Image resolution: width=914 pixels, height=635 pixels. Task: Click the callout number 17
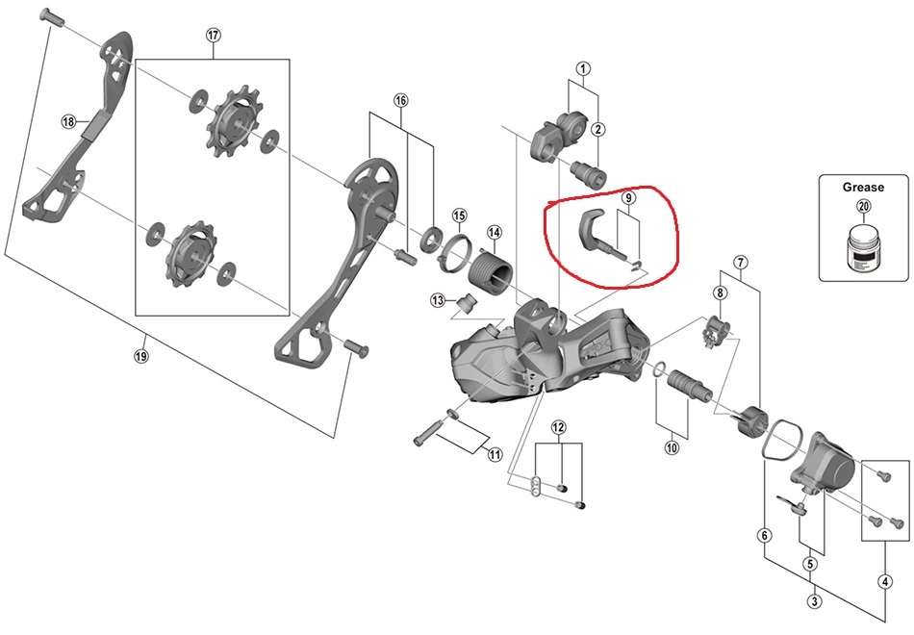pos(213,36)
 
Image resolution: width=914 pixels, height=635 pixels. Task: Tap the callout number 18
pos(68,122)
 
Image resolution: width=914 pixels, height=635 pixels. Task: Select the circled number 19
pos(141,355)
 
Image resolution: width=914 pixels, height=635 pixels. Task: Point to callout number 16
pos(401,101)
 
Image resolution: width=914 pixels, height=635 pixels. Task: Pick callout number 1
pos(583,68)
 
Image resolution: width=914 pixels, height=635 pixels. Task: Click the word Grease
pos(863,188)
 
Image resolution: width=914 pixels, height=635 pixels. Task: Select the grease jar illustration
pos(863,249)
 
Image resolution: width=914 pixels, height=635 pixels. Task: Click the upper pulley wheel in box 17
pos(233,123)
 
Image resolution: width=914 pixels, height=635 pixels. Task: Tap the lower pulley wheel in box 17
pos(187,255)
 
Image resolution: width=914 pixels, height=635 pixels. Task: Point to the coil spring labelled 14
pos(493,265)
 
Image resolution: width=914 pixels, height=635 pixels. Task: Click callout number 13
pos(438,300)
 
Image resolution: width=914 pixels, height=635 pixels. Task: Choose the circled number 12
pos(559,426)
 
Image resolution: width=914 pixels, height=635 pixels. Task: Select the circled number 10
pos(671,446)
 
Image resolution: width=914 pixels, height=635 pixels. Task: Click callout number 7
pos(740,262)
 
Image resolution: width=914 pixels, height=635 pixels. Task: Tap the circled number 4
pos(884,580)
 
